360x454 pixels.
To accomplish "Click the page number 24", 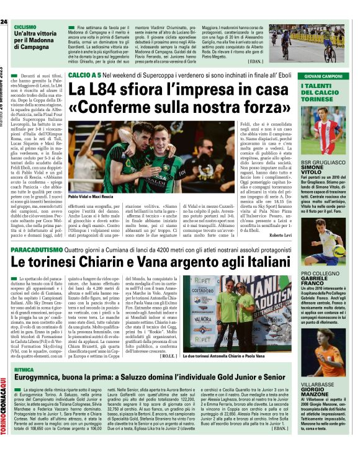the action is point(4,22).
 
